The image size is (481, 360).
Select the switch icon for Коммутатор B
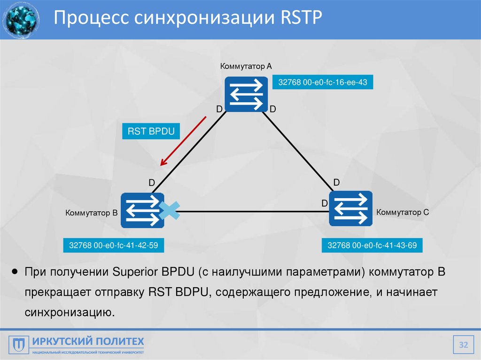pyautogui.click(x=142, y=211)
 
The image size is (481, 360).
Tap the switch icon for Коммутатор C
pyautogui.click(x=350, y=209)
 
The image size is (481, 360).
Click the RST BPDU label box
pyautogui.click(x=151, y=131)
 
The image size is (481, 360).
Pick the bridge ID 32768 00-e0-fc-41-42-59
pyautogui.click(x=113, y=245)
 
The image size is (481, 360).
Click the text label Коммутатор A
pyautogui.click(x=246, y=66)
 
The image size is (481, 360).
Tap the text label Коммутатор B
pyautogui.click(x=91, y=213)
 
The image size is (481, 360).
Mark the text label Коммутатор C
pyautogui.click(x=403, y=212)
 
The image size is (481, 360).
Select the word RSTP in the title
pyautogui.click(x=294, y=19)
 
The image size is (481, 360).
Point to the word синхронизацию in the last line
pyautogui.click(x=70, y=312)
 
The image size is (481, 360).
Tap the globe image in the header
pyautogui.click(x=21, y=20)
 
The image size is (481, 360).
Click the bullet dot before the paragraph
pyautogui.click(x=15, y=272)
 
